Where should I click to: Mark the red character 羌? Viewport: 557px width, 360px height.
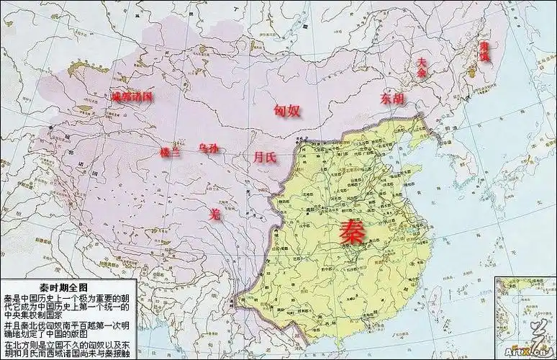(213, 213)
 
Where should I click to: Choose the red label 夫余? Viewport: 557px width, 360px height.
(422, 68)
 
